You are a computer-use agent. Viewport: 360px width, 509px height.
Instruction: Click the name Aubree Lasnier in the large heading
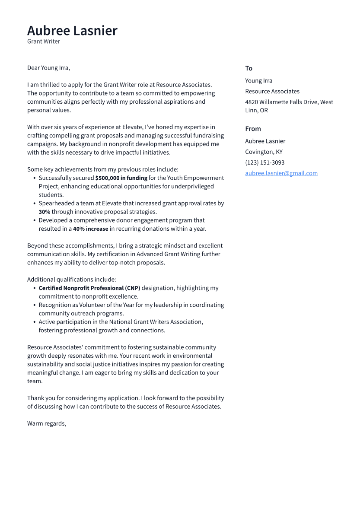[x=72, y=31]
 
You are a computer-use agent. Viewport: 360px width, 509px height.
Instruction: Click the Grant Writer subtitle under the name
[x=44, y=41]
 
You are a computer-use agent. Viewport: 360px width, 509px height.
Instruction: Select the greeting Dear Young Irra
[x=48, y=68]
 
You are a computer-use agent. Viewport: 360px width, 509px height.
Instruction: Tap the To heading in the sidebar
[x=248, y=68]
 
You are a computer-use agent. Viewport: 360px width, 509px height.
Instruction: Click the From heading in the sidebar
[x=253, y=129]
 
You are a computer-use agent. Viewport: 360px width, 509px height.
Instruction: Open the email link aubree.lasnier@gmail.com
[x=281, y=173]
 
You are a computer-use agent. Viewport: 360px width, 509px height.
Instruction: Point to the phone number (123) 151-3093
[x=264, y=162]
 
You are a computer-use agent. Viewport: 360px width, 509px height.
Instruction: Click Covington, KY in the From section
[x=264, y=152]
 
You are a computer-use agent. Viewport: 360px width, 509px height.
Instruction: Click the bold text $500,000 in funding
[x=121, y=178]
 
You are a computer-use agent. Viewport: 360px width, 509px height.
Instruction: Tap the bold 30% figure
[x=45, y=212]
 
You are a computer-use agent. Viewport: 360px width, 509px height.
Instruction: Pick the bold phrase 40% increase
[x=90, y=229]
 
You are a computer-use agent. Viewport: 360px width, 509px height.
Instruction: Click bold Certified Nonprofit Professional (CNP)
[x=89, y=288]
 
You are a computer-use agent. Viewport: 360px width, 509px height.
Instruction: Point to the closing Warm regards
[x=47, y=423]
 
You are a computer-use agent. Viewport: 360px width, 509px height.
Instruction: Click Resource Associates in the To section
[x=272, y=91]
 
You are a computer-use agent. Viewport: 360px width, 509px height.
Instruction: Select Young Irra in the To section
[x=258, y=80]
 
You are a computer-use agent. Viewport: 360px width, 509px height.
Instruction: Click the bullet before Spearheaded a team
[x=35, y=204]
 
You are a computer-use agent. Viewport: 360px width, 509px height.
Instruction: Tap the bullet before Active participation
[x=35, y=322]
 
